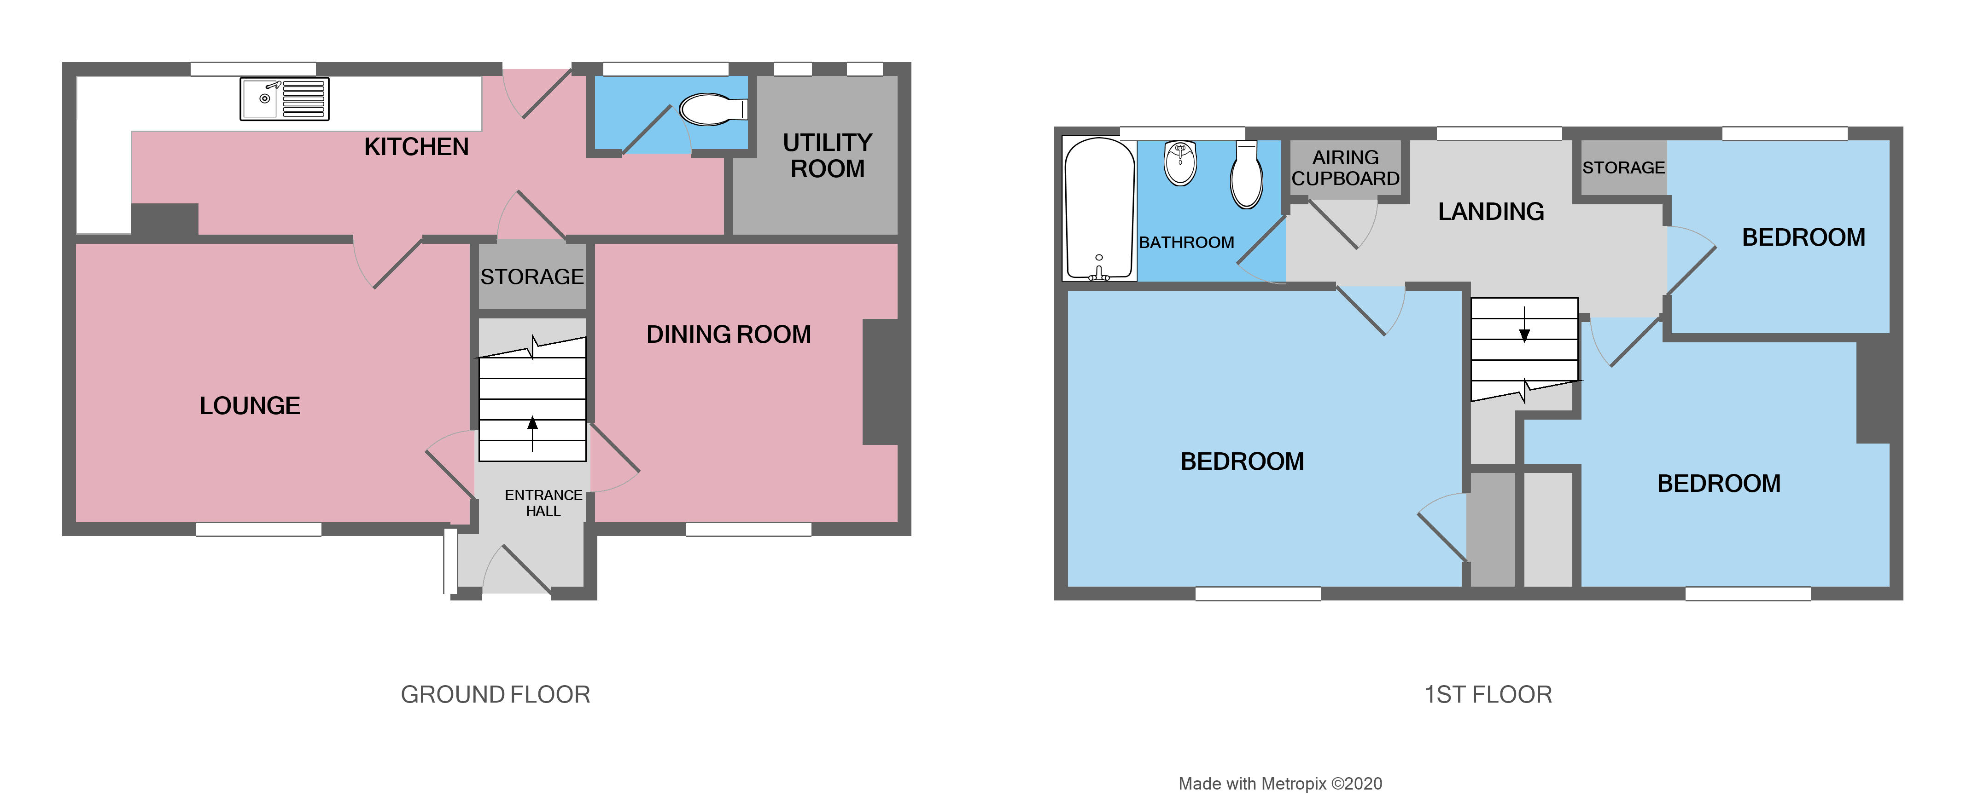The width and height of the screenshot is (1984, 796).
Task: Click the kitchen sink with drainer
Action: click(284, 98)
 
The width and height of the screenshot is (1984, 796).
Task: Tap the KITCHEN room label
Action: click(416, 146)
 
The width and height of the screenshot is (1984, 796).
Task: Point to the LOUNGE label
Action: click(250, 406)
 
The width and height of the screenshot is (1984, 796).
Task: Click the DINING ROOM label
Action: click(728, 334)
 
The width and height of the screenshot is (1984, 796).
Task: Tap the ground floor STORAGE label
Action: click(531, 277)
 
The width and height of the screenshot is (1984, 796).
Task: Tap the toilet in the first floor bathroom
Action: click(1246, 175)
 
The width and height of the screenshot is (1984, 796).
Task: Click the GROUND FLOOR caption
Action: click(495, 694)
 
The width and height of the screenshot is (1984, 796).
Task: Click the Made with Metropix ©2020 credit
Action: click(1279, 784)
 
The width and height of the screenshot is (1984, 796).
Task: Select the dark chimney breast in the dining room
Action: click(880, 382)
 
